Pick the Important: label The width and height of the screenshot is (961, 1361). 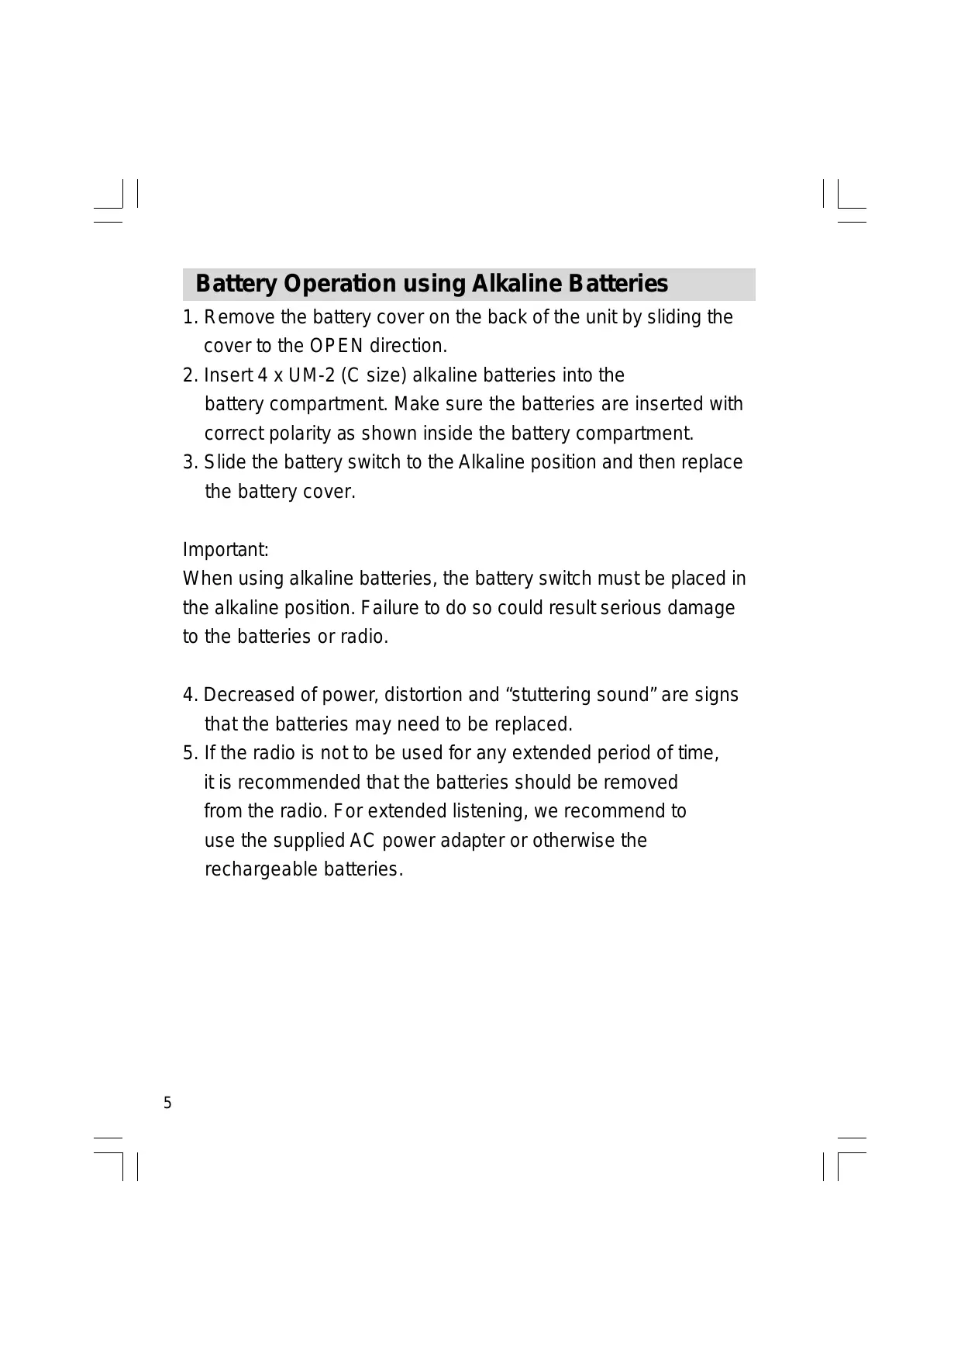pos(226,550)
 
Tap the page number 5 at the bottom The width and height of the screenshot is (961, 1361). pos(167,1104)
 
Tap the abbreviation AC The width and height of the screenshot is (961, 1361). pos(363,841)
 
